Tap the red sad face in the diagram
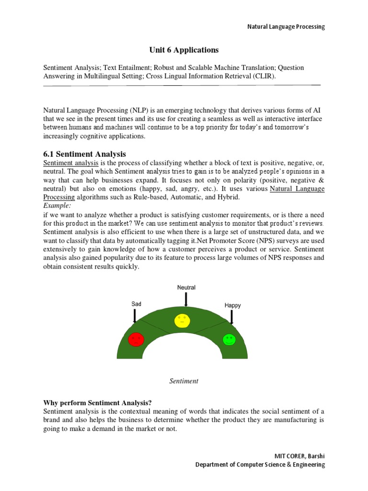tap(136, 339)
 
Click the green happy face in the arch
tap(230, 339)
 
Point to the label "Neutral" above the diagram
tap(186, 288)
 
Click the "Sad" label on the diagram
tap(137, 304)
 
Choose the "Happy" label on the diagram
tap(232, 305)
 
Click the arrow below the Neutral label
tap(186, 300)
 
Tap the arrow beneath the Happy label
tap(232, 317)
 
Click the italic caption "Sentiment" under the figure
tap(184, 381)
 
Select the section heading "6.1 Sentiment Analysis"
tap(84, 154)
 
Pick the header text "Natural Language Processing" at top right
tap(286, 27)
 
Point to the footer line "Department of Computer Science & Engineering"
tap(260, 465)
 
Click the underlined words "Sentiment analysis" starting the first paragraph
tap(71, 163)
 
